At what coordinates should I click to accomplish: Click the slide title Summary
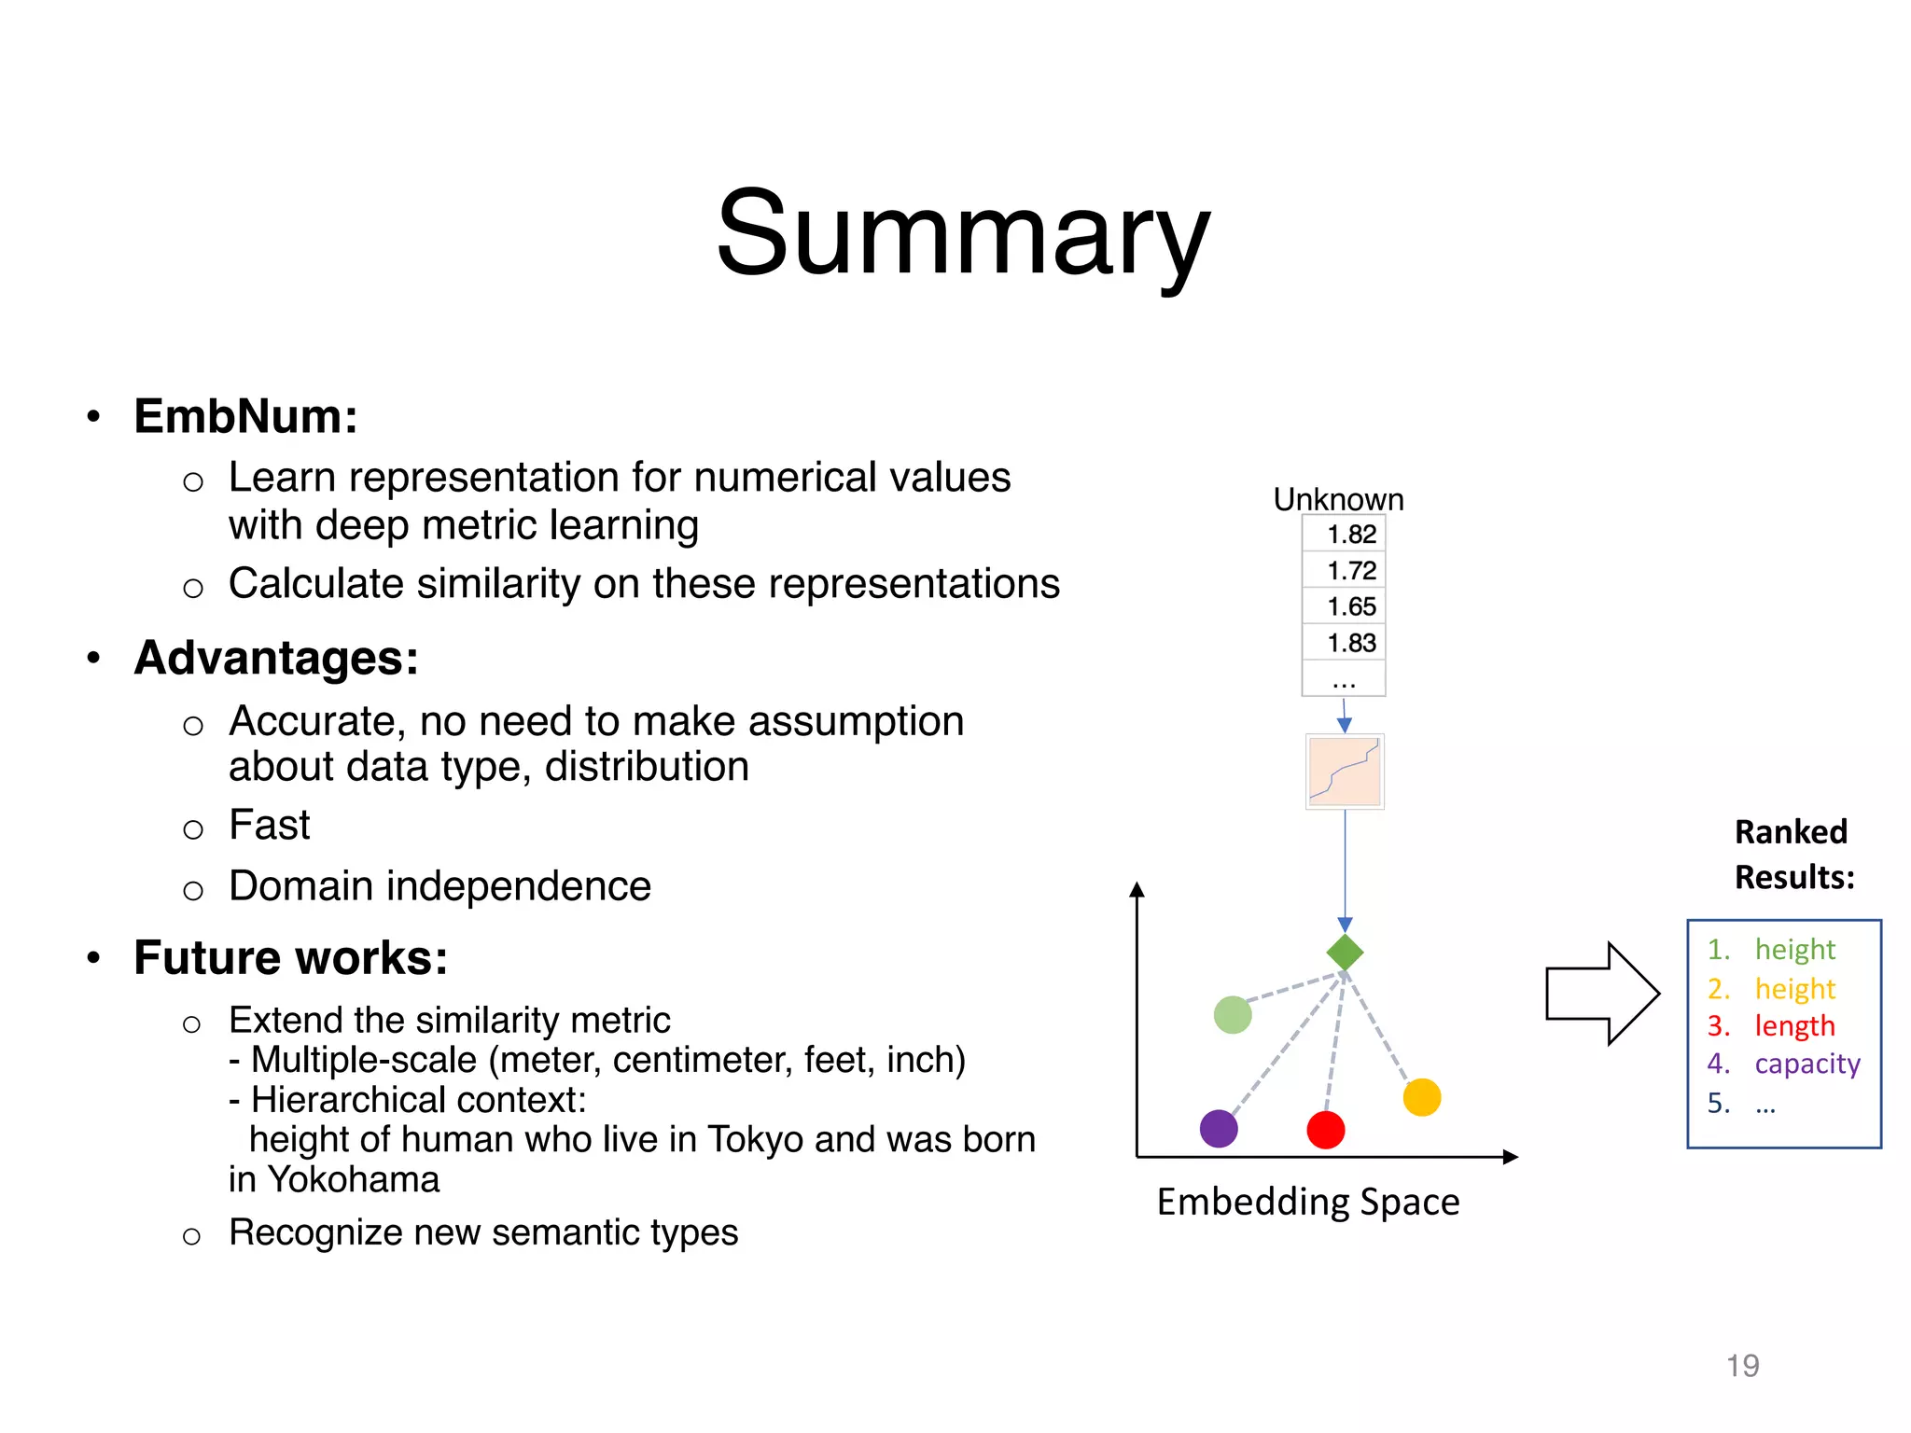pyautogui.click(x=962, y=233)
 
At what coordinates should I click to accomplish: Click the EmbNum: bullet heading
pyautogui.click(x=245, y=416)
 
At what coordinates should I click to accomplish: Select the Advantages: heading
pyautogui.click(x=276, y=658)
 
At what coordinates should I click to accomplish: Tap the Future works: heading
pyautogui.click(x=290, y=958)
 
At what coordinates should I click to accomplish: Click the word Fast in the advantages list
pyautogui.click(x=269, y=826)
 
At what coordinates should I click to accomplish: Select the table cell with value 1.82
pyautogui.click(x=1350, y=535)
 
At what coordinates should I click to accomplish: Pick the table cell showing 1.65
pyautogui.click(x=1350, y=607)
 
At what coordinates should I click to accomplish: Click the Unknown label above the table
pyautogui.click(x=1338, y=499)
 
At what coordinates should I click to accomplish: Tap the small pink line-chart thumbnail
pyautogui.click(x=1344, y=772)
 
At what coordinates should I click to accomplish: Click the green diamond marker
pyautogui.click(x=1345, y=953)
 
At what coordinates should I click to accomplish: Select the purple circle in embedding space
pyautogui.click(x=1219, y=1129)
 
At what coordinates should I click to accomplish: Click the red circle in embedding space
pyautogui.click(x=1326, y=1130)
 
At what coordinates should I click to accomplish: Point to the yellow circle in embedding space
pyautogui.click(x=1422, y=1097)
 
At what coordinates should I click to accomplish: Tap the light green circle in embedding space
pyautogui.click(x=1233, y=1015)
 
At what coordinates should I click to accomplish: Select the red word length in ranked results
pyautogui.click(x=1794, y=1026)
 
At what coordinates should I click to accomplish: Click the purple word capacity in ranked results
pyautogui.click(x=1806, y=1064)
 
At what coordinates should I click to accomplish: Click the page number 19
pyautogui.click(x=1742, y=1366)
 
